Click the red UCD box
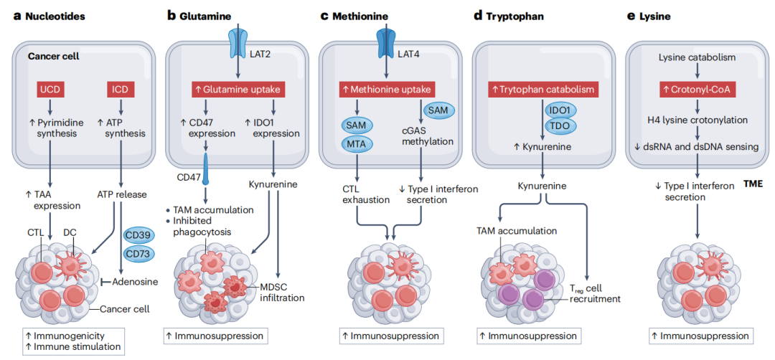click(x=50, y=90)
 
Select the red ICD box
click(x=120, y=90)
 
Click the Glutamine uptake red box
click(x=238, y=90)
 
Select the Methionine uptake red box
click(x=387, y=90)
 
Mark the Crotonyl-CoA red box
click(x=698, y=90)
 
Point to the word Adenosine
click(x=134, y=282)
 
